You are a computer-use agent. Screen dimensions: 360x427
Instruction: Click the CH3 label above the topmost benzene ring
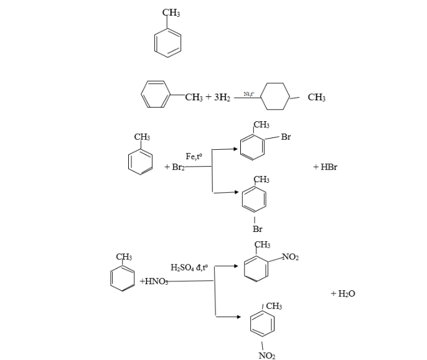[171, 13]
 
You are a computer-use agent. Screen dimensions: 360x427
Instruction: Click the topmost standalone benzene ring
[168, 43]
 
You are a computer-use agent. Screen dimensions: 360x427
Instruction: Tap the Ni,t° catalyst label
[248, 94]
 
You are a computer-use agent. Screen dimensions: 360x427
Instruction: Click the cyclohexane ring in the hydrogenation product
[276, 97]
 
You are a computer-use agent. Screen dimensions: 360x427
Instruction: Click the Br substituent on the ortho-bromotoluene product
[286, 137]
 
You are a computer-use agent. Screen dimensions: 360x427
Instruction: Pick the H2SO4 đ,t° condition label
[189, 267]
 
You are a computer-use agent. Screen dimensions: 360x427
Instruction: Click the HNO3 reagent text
[152, 282]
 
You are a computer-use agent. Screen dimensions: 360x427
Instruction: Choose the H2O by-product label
[343, 293]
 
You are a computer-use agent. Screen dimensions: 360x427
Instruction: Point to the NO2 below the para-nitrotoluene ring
[266, 355]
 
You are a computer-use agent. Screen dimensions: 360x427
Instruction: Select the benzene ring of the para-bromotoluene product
[254, 198]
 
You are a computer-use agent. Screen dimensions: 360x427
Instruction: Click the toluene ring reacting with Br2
[140, 160]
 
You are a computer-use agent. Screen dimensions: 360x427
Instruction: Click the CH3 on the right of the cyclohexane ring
[316, 98]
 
